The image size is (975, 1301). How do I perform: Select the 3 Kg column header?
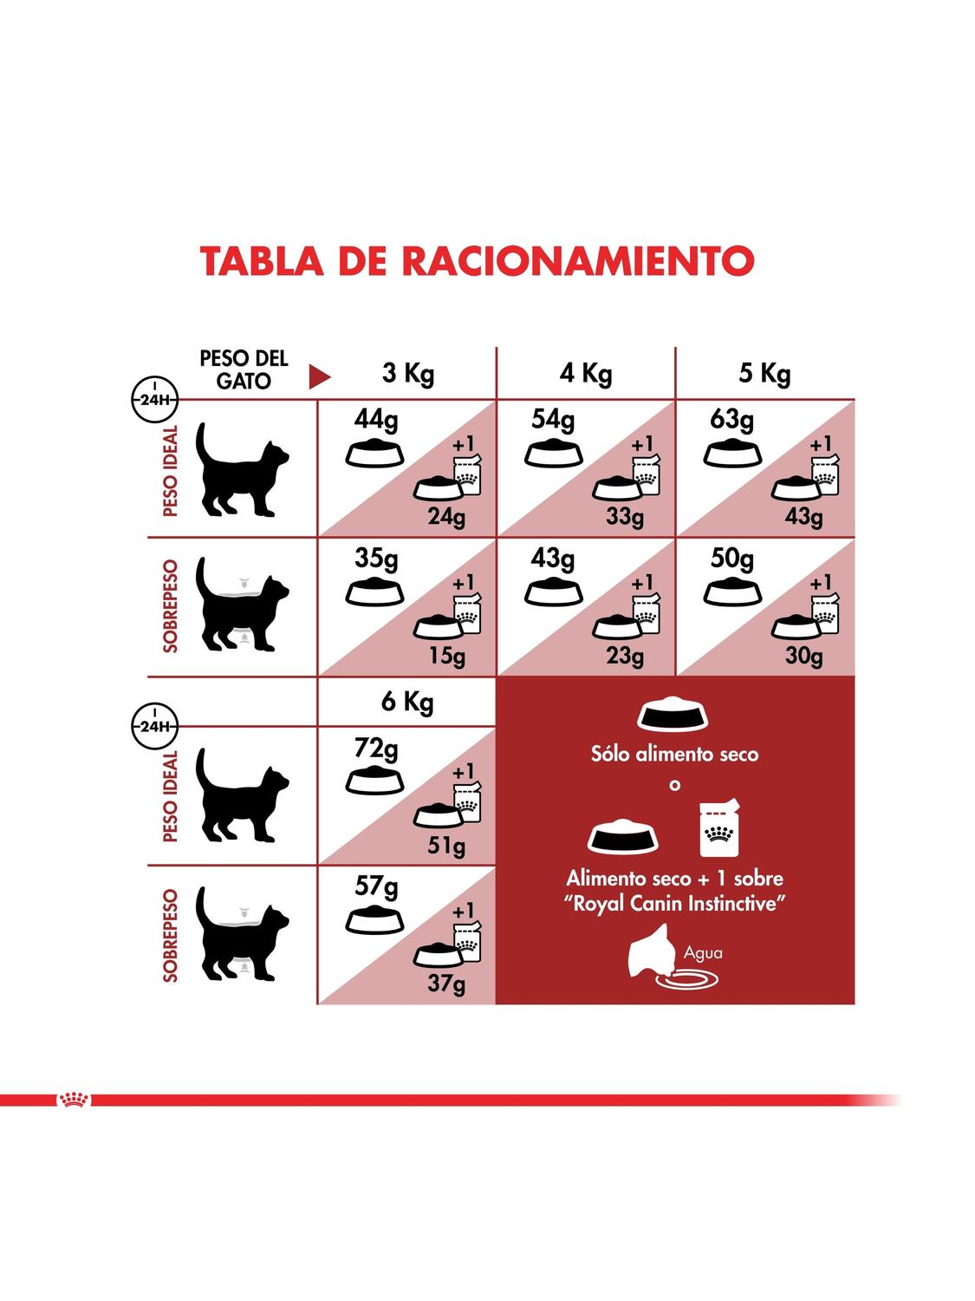[x=407, y=374]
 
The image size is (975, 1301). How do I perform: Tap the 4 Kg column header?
[x=586, y=374]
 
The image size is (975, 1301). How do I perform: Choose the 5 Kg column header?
[x=764, y=374]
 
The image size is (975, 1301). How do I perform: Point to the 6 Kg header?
[x=407, y=703]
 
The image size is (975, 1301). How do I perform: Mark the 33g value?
[x=625, y=518]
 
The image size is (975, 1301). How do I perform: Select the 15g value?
[x=446, y=656]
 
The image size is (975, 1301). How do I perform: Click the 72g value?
[x=376, y=750]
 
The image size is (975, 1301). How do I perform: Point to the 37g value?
[x=446, y=984]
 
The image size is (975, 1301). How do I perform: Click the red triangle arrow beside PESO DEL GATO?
[x=319, y=377]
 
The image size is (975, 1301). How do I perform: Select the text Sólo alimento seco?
[x=674, y=754]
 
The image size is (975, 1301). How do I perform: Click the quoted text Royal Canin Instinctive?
[x=674, y=904]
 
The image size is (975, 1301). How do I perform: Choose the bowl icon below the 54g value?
[x=553, y=454]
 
